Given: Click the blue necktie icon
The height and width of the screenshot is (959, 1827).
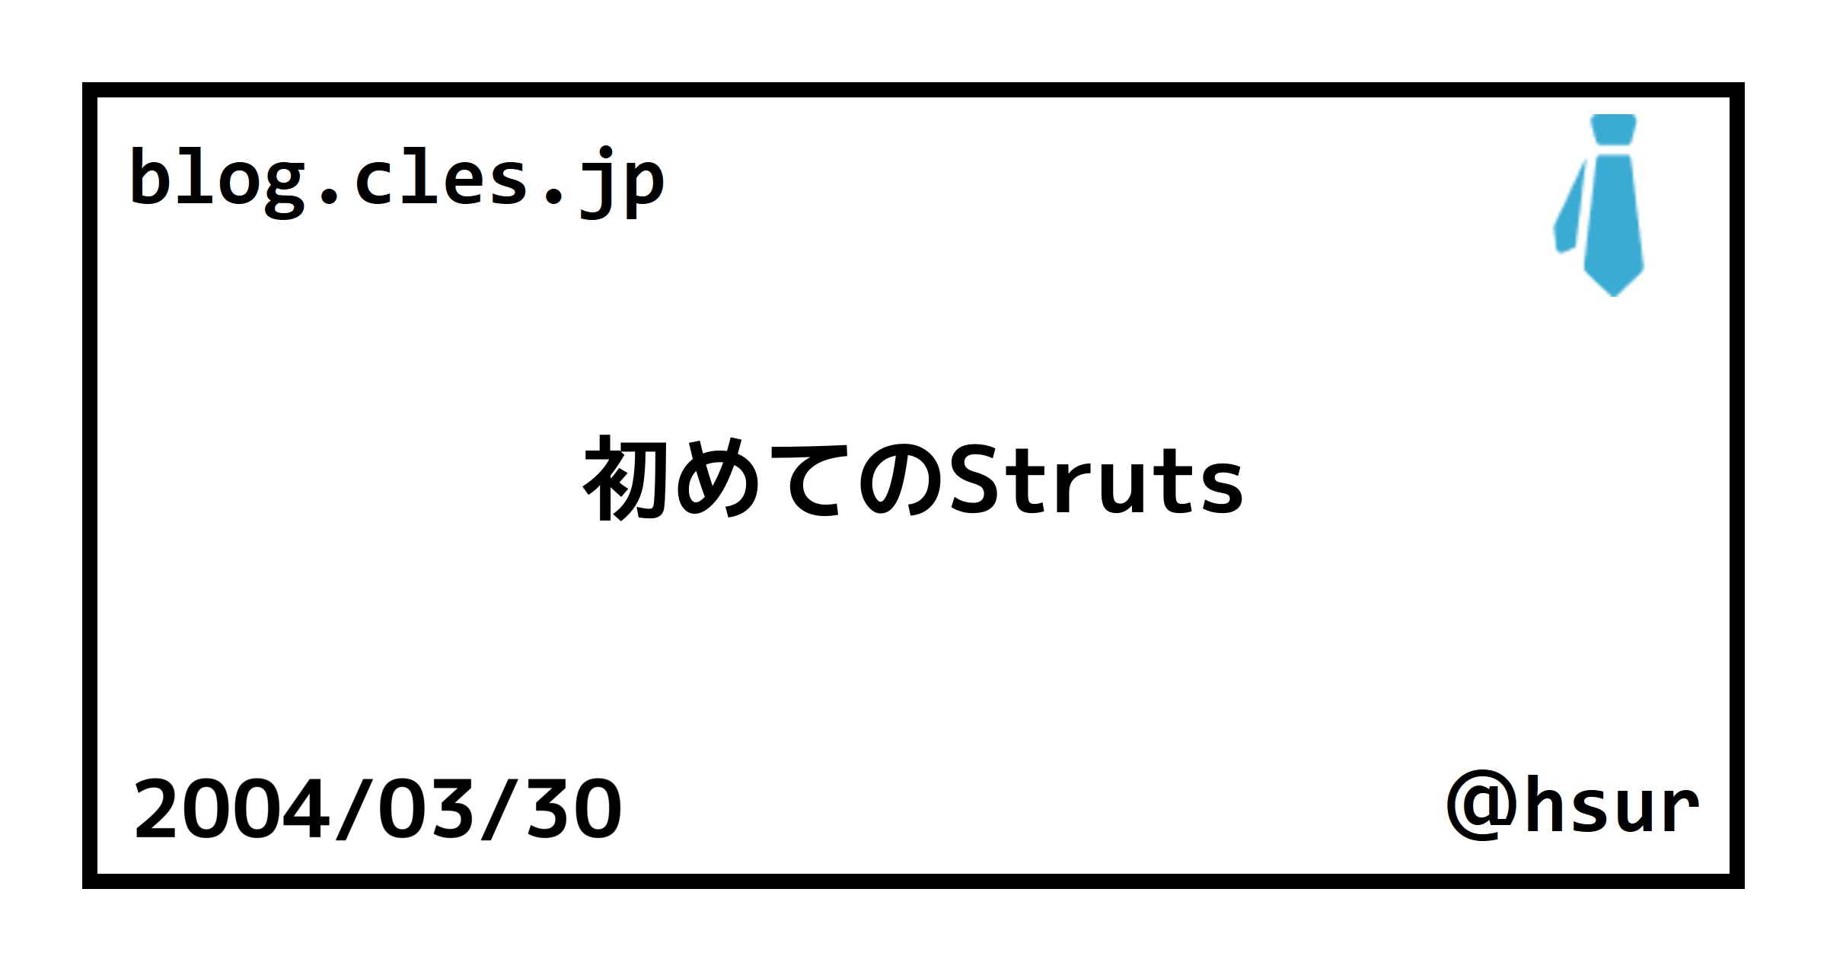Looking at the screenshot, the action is [1599, 205].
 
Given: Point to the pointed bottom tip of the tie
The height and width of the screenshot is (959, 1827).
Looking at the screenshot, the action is [1613, 295].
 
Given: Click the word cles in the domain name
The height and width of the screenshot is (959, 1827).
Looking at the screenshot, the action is [442, 178].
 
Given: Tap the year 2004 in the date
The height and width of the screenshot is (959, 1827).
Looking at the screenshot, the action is [232, 809].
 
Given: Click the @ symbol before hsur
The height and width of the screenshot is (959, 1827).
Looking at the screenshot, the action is [1483, 805].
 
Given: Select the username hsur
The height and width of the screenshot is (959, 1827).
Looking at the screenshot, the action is [1612, 805].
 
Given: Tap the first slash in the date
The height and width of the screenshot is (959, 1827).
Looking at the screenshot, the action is [355, 809].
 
